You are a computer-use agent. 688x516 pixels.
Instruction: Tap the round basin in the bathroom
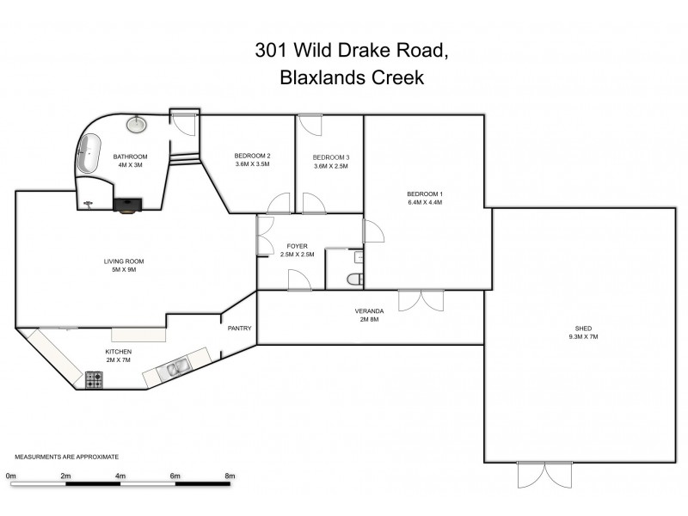coord(136,125)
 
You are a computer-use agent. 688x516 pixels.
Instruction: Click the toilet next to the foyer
coord(355,277)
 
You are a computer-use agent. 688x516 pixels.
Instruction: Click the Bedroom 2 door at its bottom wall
coord(278,205)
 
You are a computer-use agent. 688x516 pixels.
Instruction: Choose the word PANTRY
coord(239,329)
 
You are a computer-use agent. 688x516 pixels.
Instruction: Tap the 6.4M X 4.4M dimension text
coord(424,204)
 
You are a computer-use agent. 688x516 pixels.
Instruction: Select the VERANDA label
coord(368,311)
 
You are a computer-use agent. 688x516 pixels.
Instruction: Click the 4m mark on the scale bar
coord(120,475)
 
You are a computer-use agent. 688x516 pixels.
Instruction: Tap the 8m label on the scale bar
coord(230,475)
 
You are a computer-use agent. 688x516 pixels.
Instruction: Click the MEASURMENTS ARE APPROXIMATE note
coord(66,457)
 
